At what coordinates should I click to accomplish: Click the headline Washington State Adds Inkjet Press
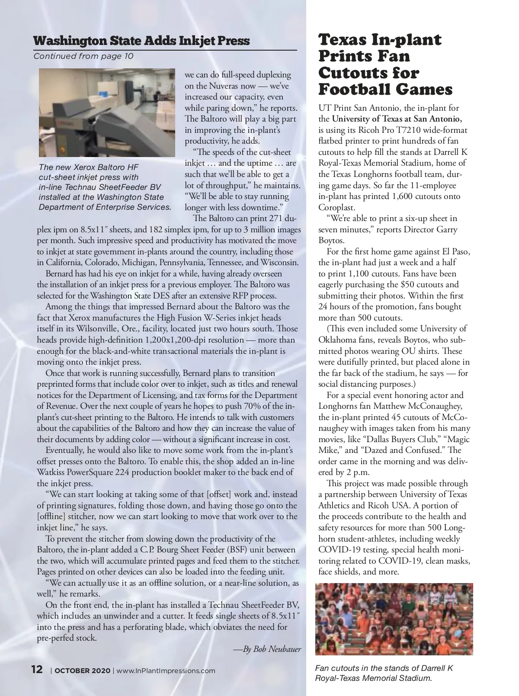[x=141, y=41]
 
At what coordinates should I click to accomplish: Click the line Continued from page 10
[x=83, y=56]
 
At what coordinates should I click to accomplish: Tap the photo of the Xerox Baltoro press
[x=107, y=112]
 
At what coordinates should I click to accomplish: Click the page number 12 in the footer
[x=37, y=670]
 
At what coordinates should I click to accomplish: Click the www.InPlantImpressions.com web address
[x=166, y=671]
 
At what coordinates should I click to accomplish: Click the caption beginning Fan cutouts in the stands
[x=384, y=673]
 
